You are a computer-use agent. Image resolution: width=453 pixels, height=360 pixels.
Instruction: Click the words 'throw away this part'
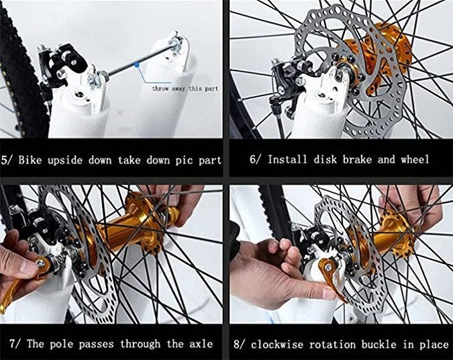[185, 89]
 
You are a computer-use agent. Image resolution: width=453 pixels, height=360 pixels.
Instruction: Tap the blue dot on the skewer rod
[137, 64]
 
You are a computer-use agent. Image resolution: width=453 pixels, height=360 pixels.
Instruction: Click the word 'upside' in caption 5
[65, 161]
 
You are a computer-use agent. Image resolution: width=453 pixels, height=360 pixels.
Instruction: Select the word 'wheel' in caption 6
[415, 159]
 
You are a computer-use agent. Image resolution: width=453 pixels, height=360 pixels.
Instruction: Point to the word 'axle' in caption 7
[201, 344]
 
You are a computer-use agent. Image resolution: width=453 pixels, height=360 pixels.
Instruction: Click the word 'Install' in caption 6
[287, 159]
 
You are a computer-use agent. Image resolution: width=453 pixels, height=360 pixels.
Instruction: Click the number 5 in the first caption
[5, 161]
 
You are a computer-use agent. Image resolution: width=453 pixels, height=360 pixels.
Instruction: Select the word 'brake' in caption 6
[357, 159]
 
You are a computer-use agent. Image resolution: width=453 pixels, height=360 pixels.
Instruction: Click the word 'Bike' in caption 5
[30, 161]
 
